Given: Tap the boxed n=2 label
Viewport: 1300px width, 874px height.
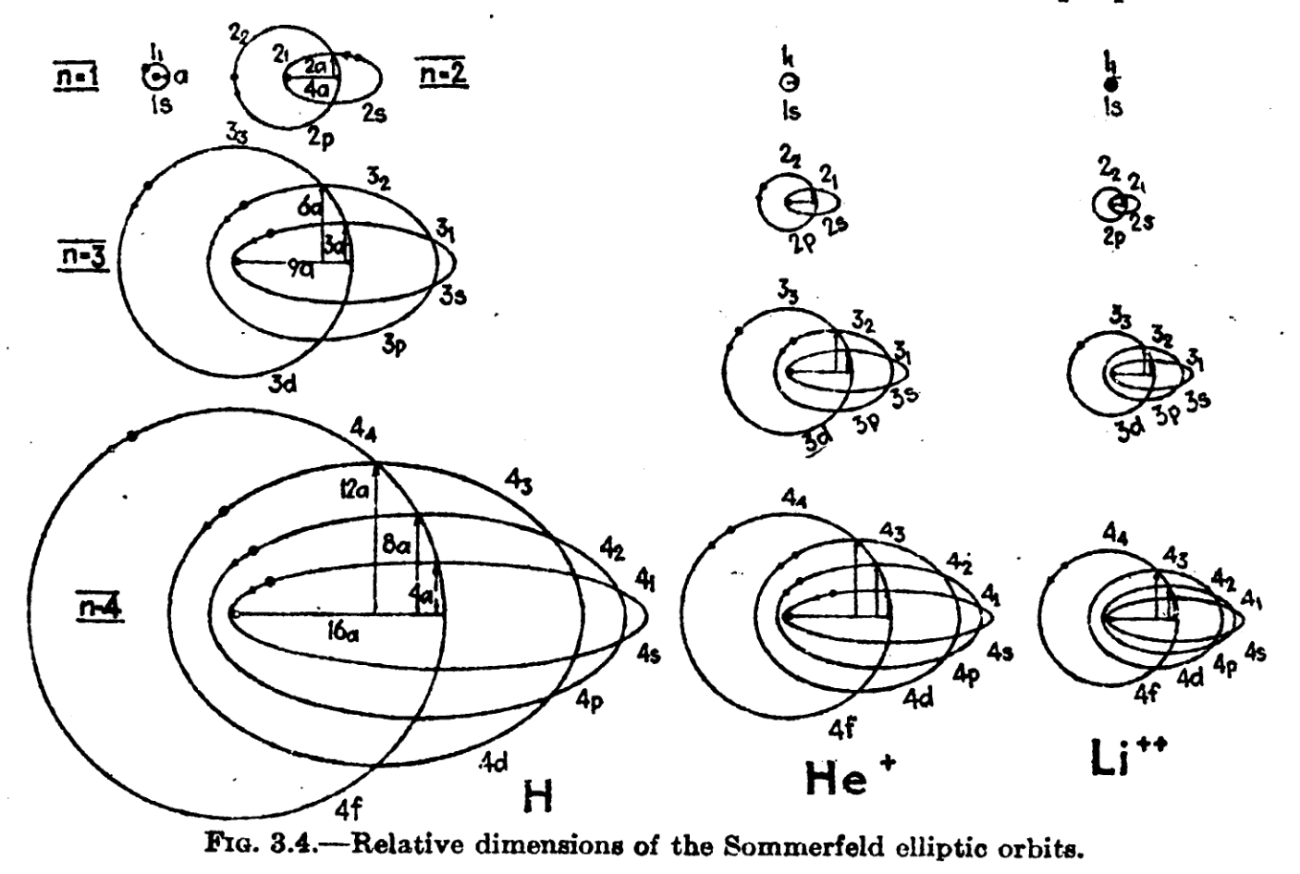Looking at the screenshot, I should pos(443,73).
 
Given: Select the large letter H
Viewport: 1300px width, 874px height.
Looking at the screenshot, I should pos(537,794).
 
